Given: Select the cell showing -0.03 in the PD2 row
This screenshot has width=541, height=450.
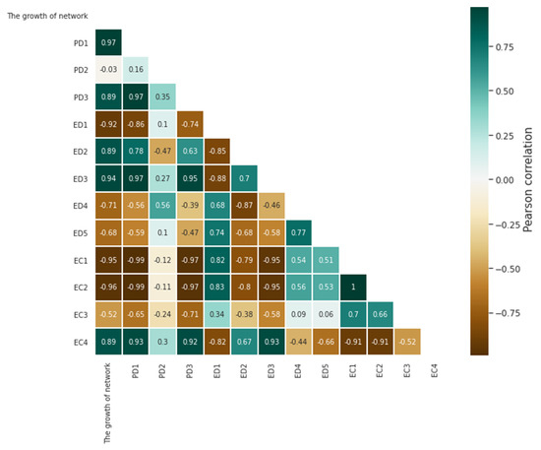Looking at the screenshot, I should pyautogui.click(x=109, y=71).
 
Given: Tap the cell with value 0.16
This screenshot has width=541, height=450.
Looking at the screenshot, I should pyautogui.click(x=136, y=71).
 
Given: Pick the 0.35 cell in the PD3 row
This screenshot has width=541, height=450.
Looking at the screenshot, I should pyautogui.click(x=163, y=97).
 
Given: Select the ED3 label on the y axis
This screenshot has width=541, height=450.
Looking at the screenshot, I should pyautogui.click(x=81, y=178).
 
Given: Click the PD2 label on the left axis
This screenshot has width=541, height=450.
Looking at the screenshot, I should pyautogui.click(x=81, y=71).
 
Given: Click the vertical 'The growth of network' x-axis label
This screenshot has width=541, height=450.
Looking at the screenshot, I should pyautogui.click(x=108, y=398).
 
